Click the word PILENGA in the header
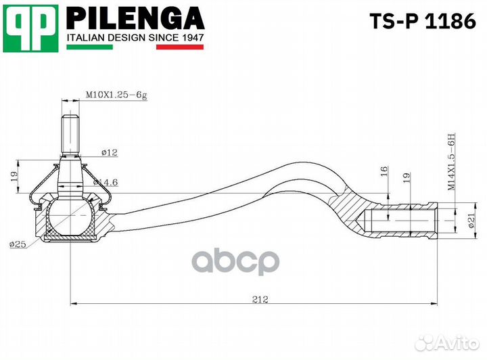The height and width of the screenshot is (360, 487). click(x=135, y=18)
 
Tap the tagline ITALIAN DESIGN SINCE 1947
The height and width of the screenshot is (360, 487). click(x=135, y=39)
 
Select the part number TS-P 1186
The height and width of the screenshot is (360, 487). click(x=421, y=22)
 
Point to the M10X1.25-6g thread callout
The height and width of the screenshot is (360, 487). click(x=116, y=95)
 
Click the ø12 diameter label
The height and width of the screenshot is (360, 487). click(x=110, y=153)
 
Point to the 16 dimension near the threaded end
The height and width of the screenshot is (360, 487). click(x=384, y=172)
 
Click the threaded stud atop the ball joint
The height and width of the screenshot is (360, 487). click(x=70, y=133)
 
